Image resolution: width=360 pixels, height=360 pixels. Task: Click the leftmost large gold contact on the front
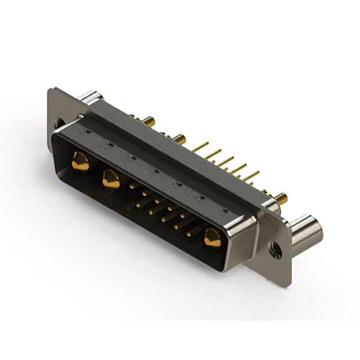[80, 161]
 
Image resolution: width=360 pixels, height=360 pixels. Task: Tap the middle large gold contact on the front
[111, 179]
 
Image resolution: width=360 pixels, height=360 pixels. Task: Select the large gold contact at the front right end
[213, 238]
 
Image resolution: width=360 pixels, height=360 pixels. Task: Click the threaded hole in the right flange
[275, 250]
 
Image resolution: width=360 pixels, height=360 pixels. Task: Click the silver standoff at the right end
[307, 231]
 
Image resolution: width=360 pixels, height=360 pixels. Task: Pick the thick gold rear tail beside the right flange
[280, 197]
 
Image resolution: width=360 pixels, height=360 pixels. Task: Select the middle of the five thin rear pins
[225, 161]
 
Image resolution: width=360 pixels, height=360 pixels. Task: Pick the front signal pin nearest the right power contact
[194, 231]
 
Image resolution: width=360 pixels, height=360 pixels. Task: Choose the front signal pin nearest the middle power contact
[133, 185]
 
